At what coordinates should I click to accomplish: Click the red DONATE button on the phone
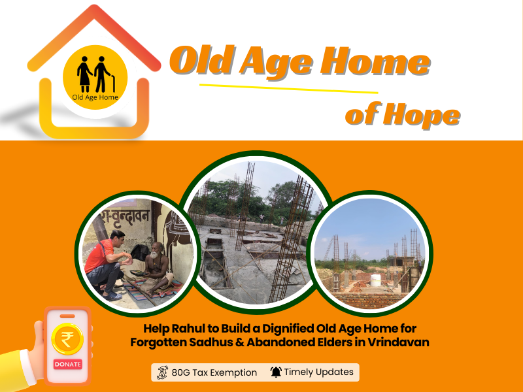(x=68, y=364)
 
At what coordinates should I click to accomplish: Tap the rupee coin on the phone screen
(x=67, y=338)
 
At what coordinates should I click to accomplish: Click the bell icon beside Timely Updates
(x=276, y=372)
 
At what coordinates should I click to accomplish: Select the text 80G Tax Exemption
(x=214, y=372)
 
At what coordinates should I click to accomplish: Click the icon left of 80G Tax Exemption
(x=162, y=372)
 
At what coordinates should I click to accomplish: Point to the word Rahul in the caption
(x=188, y=329)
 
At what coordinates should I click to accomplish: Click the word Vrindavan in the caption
(x=398, y=342)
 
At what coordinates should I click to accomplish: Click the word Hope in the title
(x=422, y=115)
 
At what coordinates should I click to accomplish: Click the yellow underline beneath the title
(x=288, y=88)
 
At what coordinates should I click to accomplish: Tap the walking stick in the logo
(x=113, y=84)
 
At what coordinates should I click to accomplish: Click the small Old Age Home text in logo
(x=95, y=97)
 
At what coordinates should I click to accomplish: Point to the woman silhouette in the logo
(x=84, y=74)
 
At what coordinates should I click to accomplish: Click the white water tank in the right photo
(x=375, y=280)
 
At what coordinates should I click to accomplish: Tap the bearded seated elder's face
(x=156, y=251)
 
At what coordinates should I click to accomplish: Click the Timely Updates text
(x=318, y=372)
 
